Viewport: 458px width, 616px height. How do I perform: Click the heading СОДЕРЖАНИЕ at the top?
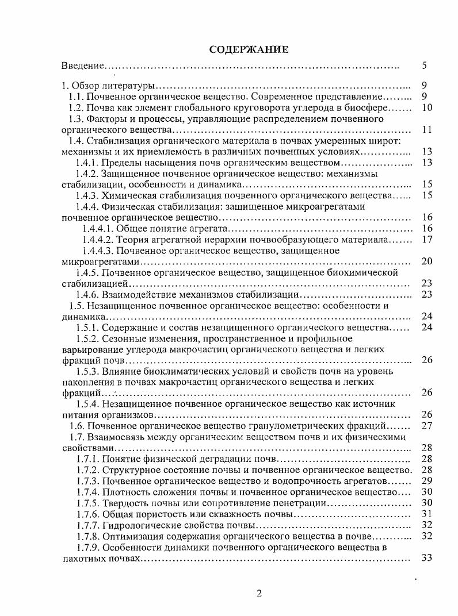249,49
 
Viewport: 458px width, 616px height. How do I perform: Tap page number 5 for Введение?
423,66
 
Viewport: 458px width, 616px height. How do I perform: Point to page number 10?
426,108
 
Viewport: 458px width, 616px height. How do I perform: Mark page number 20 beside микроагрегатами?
426,261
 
